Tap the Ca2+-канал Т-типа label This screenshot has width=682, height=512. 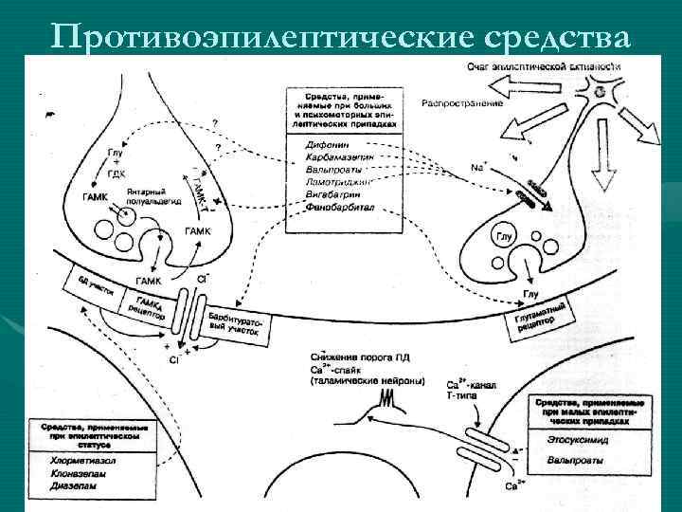click(468, 391)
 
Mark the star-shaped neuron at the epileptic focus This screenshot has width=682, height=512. click(599, 92)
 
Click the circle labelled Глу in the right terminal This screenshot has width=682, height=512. click(506, 236)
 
